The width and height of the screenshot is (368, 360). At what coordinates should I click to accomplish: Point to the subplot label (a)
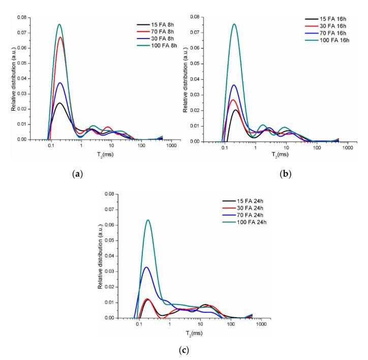pos(77,174)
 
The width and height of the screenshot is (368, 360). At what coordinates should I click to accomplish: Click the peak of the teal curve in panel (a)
pos(59,24)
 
